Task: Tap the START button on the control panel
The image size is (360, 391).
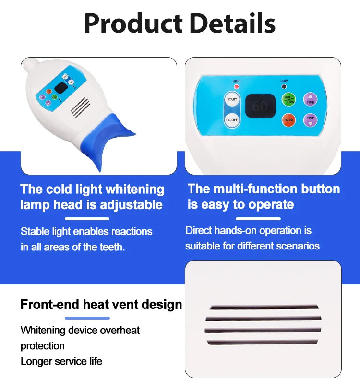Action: [232, 99]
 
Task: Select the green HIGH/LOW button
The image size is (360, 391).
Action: [288, 100]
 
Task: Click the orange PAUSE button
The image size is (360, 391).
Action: [288, 120]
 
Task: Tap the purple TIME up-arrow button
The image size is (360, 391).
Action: [311, 99]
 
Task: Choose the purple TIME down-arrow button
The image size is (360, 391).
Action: [311, 120]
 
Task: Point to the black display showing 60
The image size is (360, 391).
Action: [260, 106]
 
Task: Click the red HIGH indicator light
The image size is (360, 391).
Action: [236, 87]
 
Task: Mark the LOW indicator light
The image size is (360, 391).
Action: [284, 87]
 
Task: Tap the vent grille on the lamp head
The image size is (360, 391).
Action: [81, 107]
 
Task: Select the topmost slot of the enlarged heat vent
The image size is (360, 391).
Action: [264, 307]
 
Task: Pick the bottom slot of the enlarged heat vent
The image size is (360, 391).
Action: [263, 342]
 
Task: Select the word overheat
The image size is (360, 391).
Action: [118, 330]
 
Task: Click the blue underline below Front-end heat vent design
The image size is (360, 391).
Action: [87, 318]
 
